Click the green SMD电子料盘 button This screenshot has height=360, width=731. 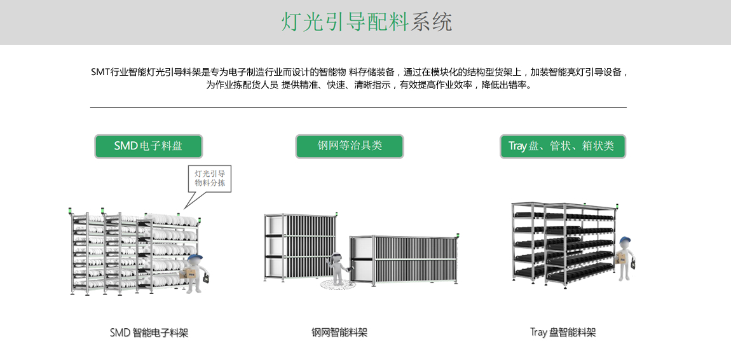148,146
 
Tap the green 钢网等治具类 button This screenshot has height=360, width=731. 350,146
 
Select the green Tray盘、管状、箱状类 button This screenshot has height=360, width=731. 563,146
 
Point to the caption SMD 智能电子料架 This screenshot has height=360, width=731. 149,333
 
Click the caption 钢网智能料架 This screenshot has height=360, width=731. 339,333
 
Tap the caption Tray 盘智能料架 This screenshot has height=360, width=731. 563,333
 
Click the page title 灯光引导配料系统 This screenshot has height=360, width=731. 366,22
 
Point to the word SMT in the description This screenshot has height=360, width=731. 100,73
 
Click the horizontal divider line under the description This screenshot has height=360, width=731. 358,107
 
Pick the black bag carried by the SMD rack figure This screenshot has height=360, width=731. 205,281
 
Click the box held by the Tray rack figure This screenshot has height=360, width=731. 622,258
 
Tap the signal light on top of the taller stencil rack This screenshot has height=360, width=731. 336,214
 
